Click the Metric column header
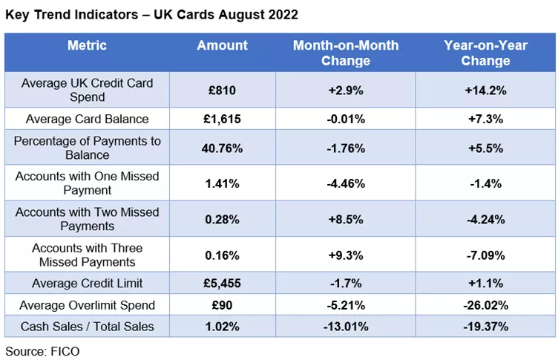tap(87, 46)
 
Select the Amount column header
tap(222, 46)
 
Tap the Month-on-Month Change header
tap(345, 53)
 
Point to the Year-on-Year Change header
tap(485, 53)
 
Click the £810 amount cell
tap(222, 91)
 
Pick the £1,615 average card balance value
tap(222, 119)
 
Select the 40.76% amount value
tap(222, 148)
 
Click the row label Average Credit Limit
tap(87, 283)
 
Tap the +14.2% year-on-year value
tap(485, 91)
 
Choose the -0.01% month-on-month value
tap(345, 119)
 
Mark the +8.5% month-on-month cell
tap(345, 220)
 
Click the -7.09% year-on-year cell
tap(485, 255)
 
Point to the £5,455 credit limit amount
tap(222, 283)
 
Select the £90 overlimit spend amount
tap(222, 304)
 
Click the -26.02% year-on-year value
tap(485, 304)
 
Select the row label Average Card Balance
tap(87, 119)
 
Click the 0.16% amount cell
tap(222, 255)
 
